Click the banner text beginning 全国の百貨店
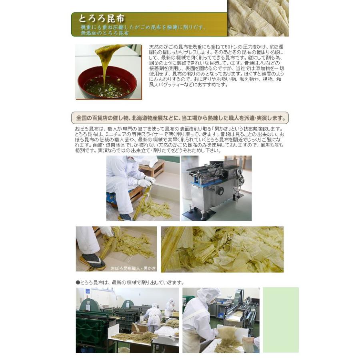pos(180,118)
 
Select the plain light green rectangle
pos(280,320)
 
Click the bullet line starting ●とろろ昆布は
pos(130,282)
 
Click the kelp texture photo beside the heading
pos(258,18)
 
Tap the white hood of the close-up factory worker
pos(208,295)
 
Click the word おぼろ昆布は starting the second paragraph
pos(89,129)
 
